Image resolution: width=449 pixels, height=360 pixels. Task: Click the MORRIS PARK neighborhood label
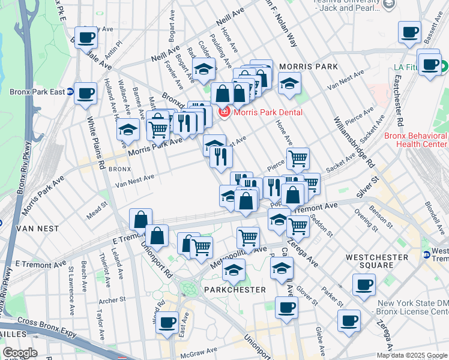pyautogui.click(x=308, y=66)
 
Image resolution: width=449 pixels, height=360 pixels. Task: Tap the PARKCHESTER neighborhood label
pyautogui.click(x=234, y=290)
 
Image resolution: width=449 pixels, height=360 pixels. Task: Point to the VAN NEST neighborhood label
pyautogui.click(x=38, y=229)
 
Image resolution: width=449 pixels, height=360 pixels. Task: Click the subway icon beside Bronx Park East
pyautogui.click(x=70, y=92)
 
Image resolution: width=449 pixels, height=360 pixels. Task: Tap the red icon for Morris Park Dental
pyautogui.click(x=224, y=112)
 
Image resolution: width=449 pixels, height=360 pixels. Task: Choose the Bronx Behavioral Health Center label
pyautogui.click(x=416, y=140)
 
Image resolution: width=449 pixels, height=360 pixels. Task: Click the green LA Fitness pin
pyautogui.click(x=444, y=67)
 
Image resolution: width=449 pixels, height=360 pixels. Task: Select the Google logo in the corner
pyautogui.click(x=19, y=353)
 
